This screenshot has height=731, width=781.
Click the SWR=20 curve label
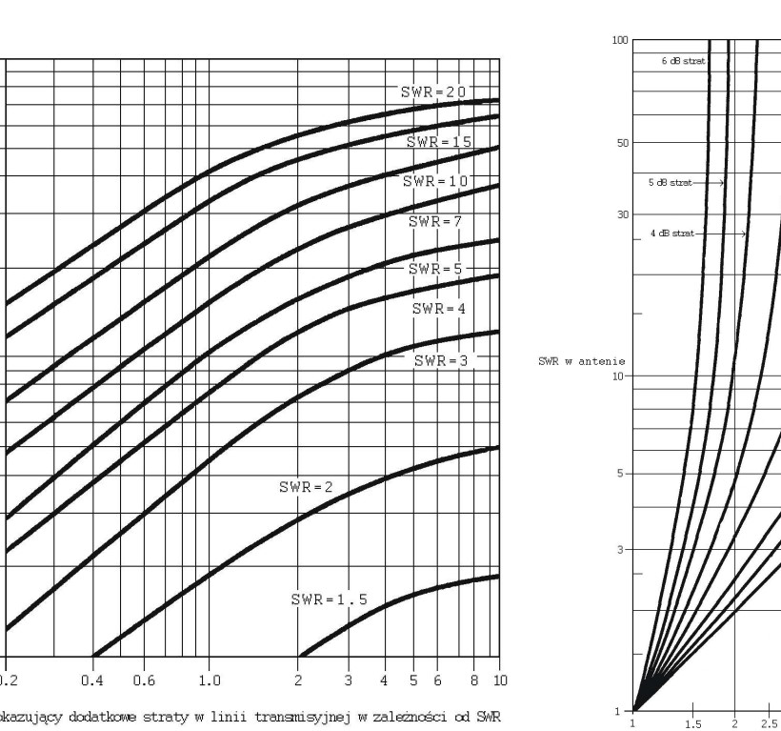tap(434, 92)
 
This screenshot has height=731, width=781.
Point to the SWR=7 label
tap(434, 221)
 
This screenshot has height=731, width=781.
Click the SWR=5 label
tap(434, 269)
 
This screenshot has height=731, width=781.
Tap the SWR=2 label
tap(306, 486)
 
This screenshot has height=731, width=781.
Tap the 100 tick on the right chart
tap(620, 40)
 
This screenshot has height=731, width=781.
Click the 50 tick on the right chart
tap(622, 142)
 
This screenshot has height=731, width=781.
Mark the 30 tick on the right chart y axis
tap(622, 214)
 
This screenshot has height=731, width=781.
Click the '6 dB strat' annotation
tap(680, 59)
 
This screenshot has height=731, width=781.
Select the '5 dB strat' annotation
tap(671, 181)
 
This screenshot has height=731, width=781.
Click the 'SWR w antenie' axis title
tap(575, 360)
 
